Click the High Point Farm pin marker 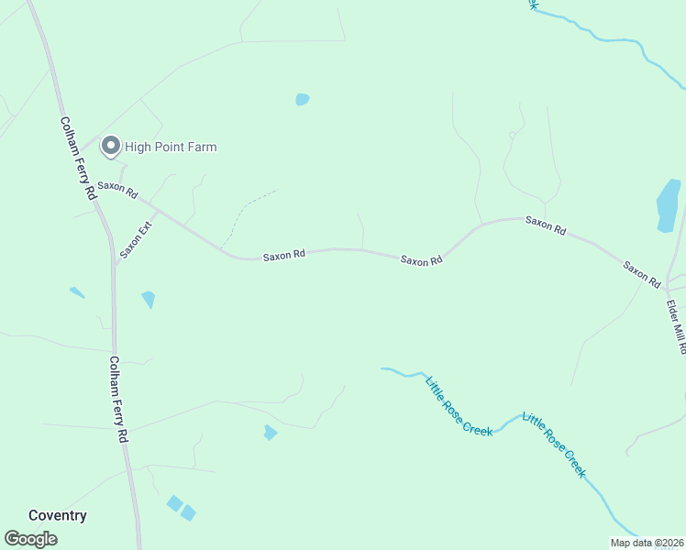coord(111,146)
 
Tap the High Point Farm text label coord(171,147)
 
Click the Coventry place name coord(58,515)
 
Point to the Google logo coord(31,539)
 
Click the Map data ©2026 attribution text coord(647,543)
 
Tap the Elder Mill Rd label coord(675,326)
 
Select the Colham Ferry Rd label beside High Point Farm coord(77,158)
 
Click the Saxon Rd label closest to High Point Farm coord(117,191)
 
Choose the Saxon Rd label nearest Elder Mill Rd coord(642,275)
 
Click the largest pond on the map coord(669,204)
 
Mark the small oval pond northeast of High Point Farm coord(303,99)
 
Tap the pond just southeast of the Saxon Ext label coord(148,299)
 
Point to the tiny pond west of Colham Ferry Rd coord(77,292)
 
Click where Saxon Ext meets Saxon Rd coord(158,212)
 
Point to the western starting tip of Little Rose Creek coord(382,368)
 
